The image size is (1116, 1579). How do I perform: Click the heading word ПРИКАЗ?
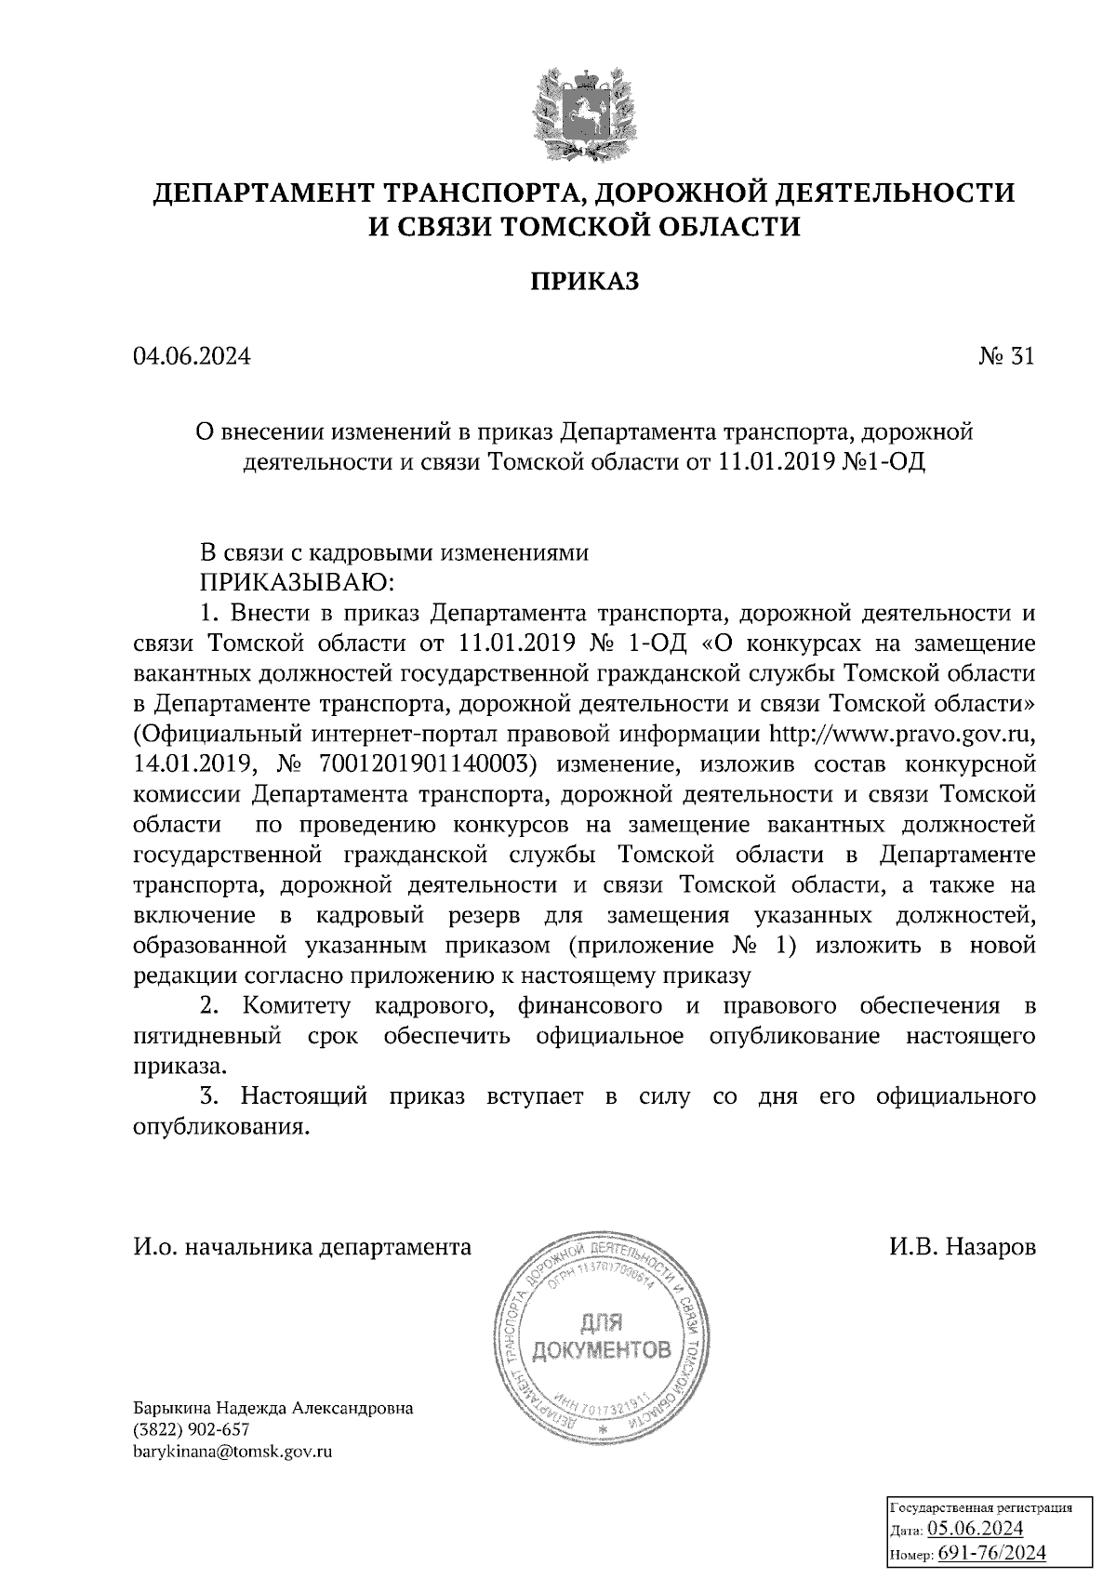pos(585,281)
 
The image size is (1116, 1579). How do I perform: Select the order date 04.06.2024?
pos(192,357)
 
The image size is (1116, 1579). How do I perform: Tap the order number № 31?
pos(1006,357)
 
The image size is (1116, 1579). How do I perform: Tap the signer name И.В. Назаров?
pos(962,1247)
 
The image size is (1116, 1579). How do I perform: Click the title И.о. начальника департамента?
pos(303,1247)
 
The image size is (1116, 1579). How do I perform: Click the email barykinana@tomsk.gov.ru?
pos(232,1450)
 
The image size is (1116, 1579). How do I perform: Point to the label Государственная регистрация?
pos(981,1507)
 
